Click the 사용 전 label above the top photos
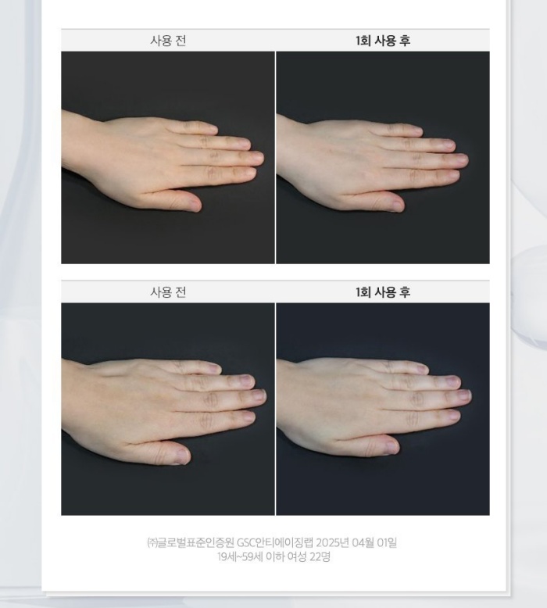[x=168, y=41]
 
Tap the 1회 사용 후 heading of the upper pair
[x=383, y=41]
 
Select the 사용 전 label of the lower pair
[x=168, y=292]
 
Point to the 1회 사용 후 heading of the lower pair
[x=383, y=292]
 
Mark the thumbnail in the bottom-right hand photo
[x=391, y=447]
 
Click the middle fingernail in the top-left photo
[x=257, y=158]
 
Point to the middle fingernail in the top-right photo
[x=461, y=159]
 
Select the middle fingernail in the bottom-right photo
[x=463, y=395]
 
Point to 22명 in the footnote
[x=320, y=557]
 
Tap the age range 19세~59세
[x=240, y=557]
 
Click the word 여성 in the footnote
[x=296, y=557]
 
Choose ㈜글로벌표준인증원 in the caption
[x=191, y=542]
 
